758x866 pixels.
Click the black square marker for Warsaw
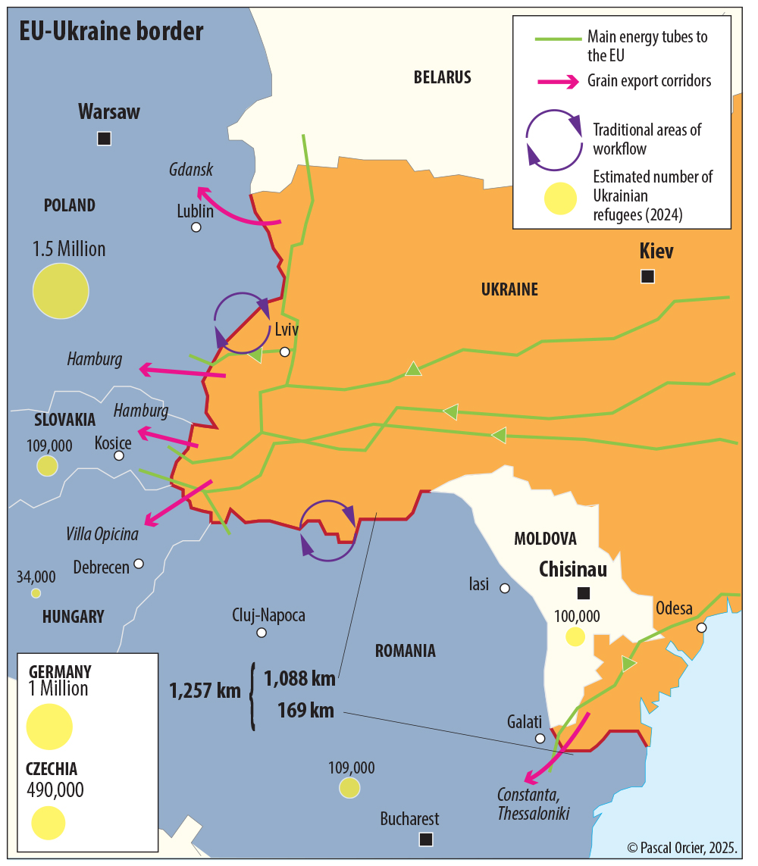tap(105, 139)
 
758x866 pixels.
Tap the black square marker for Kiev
tap(647, 277)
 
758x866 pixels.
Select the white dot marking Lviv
tap(285, 352)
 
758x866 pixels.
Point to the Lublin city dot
tap(196, 227)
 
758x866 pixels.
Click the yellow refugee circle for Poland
tap(61, 291)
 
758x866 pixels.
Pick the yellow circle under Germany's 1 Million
tap(49, 726)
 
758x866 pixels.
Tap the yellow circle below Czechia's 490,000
tap(49, 823)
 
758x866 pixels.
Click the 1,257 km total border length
tap(205, 690)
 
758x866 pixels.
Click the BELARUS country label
tap(443, 77)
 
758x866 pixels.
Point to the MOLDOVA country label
tap(545, 539)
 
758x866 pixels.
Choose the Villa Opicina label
tap(102, 534)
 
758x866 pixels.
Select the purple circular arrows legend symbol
tap(554, 140)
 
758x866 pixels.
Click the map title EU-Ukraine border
tap(111, 32)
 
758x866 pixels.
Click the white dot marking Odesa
tap(702, 627)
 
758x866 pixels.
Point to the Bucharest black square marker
tap(426, 839)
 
